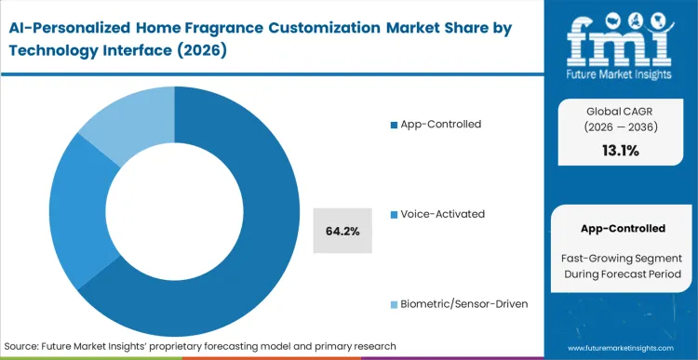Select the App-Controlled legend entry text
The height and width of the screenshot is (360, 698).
pos(442,124)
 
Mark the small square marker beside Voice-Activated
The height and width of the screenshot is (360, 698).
pos(394,215)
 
